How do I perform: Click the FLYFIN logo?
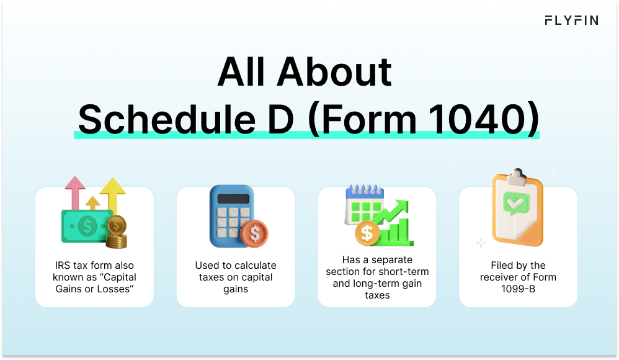[x=571, y=20]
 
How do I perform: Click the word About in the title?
[x=334, y=72]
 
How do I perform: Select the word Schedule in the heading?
[x=167, y=119]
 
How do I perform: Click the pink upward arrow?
[x=75, y=193]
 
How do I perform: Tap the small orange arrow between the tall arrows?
[x=93, y=203]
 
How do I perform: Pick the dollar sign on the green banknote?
[x=87, y=227]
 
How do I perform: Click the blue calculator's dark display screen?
[x=233, y=199]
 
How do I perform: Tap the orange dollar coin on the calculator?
[x=255, y=233]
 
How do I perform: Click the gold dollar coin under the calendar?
[x=367, y=233]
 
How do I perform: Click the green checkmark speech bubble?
[x=515, y=204]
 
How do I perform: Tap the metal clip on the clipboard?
[x=517, y=177]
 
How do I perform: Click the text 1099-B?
[x=518, y=289]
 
